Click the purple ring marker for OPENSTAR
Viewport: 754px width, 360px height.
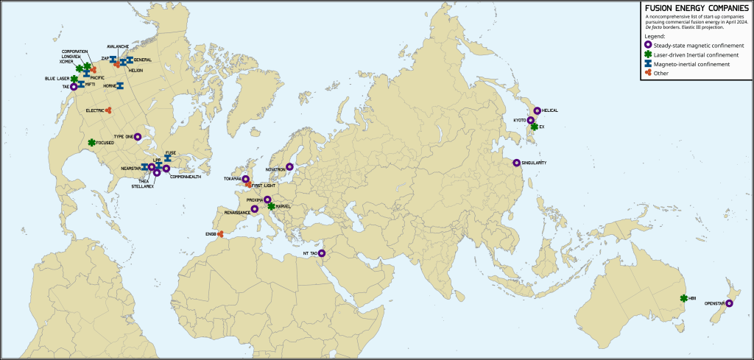click(730, 303)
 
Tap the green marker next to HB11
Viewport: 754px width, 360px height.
click(684, 298)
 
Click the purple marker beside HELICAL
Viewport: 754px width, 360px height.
click(538, 110)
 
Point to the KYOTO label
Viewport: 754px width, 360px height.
click(519, 120)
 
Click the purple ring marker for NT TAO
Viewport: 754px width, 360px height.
click(322, 253)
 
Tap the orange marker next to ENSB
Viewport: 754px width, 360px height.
click(221, 234)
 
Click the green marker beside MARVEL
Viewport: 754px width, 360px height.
click(272, 207)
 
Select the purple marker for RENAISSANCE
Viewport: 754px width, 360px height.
click(255, 209)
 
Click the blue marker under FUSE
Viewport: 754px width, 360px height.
click(168, 158)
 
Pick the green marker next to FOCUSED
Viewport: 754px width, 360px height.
click(92, 142)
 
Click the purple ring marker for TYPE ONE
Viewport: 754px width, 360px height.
click(138, 136)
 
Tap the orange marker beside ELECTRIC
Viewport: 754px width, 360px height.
click(108, 110)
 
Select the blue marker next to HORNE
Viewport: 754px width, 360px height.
click(119, 86)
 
